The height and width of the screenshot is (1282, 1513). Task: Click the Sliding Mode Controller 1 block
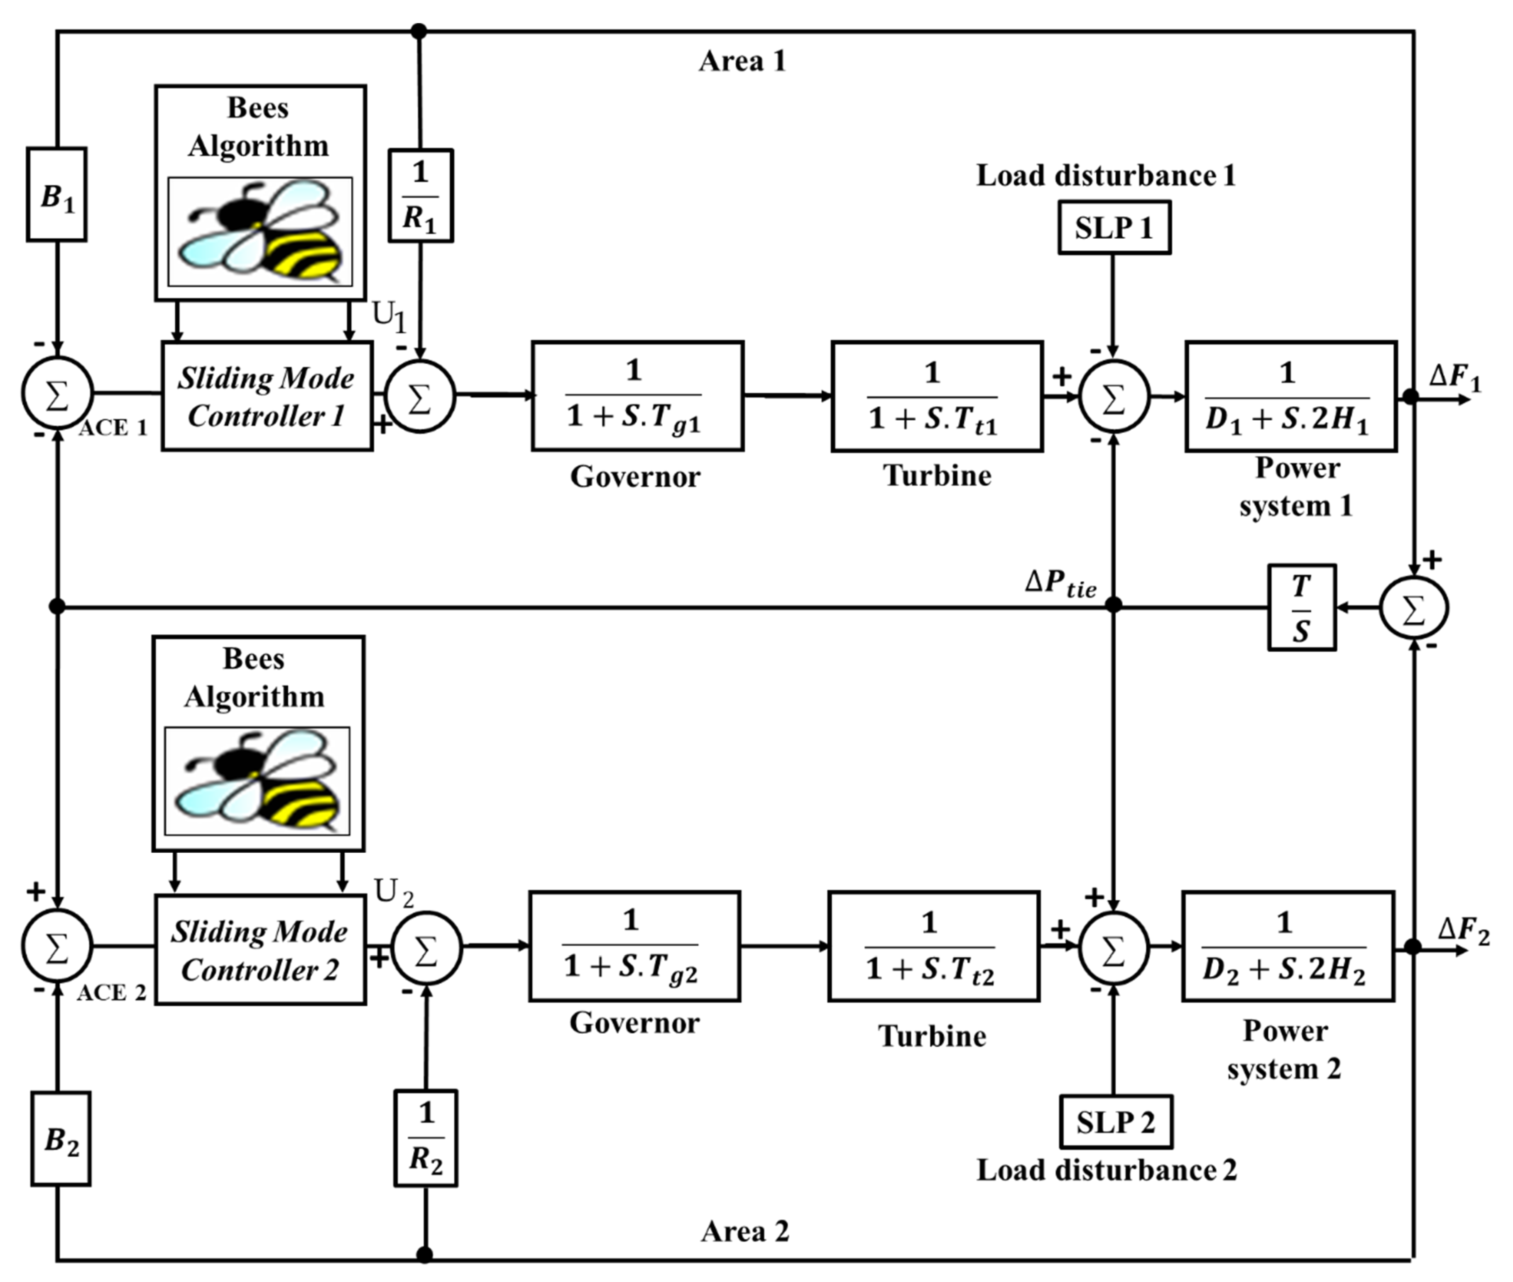tap(267, 396)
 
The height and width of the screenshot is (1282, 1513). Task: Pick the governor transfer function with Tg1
tap(637, 396)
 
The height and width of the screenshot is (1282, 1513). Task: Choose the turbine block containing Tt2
tap(934, 946)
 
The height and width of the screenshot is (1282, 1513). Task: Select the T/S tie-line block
tap(1302, 607)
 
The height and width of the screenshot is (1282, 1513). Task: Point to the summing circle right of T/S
tap(1413, 607)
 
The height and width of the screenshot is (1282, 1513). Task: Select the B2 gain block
tap(61, 1139)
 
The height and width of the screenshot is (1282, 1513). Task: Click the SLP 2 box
tap(1116, 1122)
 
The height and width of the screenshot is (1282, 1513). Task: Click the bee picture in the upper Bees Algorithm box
tap(260, 232)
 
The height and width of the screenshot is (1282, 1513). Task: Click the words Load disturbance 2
tap(1106, 1170)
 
